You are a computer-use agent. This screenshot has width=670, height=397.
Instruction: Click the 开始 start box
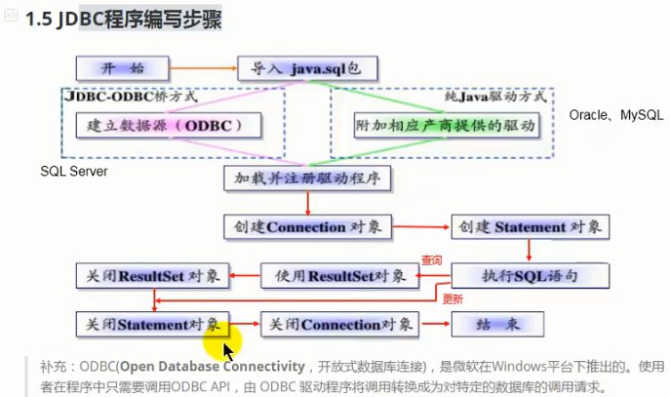click(123, 68)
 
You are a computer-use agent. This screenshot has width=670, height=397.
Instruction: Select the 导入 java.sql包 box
click(307, 68)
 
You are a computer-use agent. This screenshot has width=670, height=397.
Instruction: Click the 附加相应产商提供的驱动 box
click(445, 125)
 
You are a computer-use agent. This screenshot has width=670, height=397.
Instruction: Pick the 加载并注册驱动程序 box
click(307, 179)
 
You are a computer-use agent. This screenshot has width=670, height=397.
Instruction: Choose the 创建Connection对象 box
click(307, 226)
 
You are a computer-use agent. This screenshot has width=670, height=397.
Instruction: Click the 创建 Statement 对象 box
click(531, 226)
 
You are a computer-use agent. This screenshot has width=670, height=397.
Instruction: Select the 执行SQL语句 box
click(531, 275)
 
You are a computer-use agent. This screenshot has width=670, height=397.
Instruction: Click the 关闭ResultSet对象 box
click(153, 275)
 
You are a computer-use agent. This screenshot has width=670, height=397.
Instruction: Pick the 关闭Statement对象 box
click(153, 324)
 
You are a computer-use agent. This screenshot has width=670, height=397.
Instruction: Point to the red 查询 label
click(431, 261)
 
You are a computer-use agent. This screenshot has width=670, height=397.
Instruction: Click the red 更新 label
click(453, 299)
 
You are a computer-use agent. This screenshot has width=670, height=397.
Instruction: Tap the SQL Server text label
click(74, 172)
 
